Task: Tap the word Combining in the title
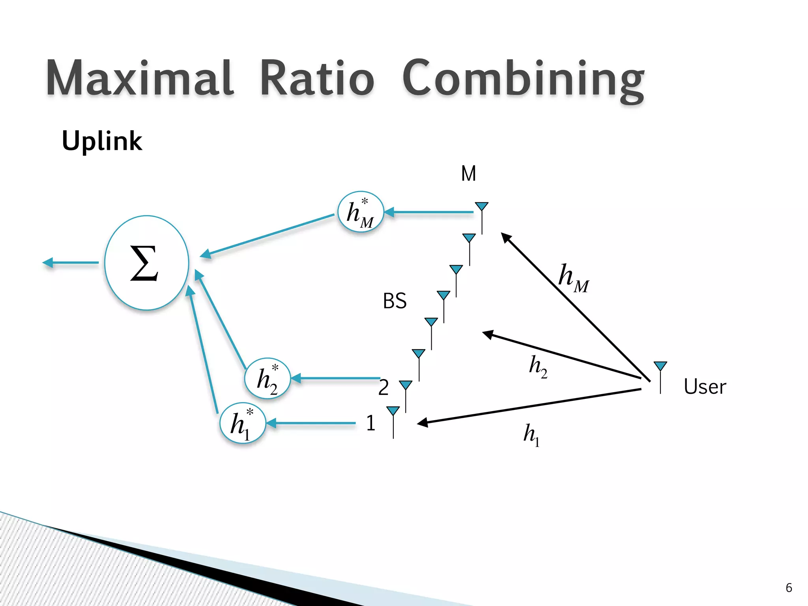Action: tap(523, 79)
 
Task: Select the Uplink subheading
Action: tap(102, 141)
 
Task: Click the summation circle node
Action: tap(147, 263)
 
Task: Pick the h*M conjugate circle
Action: tap(361, 212)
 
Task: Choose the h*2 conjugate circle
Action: tap(268, 378)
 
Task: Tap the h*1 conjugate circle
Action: tap(243, 423)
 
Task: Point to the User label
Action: tap(705, 387)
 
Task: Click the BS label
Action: tap(395, 301)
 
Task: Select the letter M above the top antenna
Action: tap(468, 174)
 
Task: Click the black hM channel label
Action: tap(573, 278)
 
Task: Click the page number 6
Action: tap(789, 587)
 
